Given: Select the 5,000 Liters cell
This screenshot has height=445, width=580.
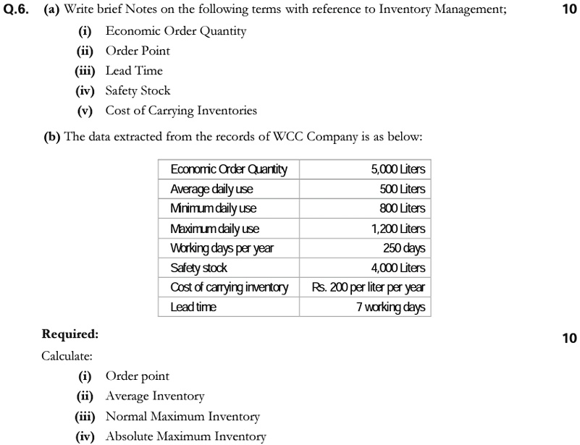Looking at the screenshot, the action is (398, 169).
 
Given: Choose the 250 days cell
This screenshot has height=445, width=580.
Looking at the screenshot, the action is (404, 248).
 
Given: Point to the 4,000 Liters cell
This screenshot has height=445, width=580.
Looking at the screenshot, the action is (398, 268).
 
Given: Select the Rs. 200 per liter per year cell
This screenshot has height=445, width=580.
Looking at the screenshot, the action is (369, 287).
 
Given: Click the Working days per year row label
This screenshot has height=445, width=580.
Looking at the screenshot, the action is (222, 248).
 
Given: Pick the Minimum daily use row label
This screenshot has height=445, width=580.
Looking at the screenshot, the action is (213, 208).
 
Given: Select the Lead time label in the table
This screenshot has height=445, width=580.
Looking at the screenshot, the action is (193, 307).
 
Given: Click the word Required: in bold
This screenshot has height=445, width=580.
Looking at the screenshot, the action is (70, 334).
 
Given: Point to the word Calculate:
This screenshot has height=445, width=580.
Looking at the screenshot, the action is (67, 356).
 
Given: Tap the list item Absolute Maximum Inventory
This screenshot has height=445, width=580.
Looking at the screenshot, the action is (185, 436).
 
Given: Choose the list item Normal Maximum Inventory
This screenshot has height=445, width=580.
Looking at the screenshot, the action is (182, 416).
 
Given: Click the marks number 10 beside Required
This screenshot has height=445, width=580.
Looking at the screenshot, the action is (569, 338).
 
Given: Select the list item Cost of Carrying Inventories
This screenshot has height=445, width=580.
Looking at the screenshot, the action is (181, 111).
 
